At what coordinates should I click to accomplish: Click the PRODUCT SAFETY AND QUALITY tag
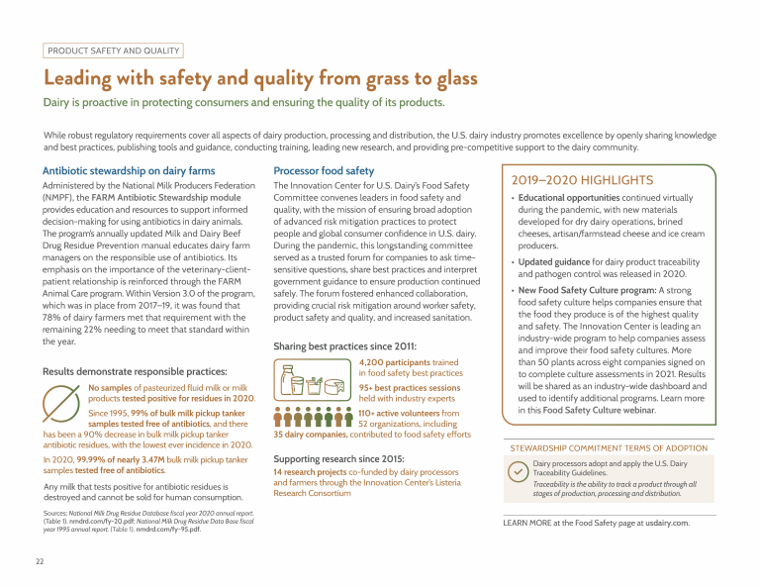click(x=114, y=50)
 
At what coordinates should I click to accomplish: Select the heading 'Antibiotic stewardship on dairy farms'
click(x=129, y=170)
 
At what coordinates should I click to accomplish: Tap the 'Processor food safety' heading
click(x=324, y=170)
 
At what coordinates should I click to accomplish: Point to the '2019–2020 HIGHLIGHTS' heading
click(x=581, y=180)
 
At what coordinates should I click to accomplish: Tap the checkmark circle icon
click(x=517, y=471)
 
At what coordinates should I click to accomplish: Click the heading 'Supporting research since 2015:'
click(x=338, y=459)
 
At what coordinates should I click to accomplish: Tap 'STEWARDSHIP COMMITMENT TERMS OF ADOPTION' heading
click(x=609, y=448)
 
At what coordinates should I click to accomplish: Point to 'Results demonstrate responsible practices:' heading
click(x=128, y=371)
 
